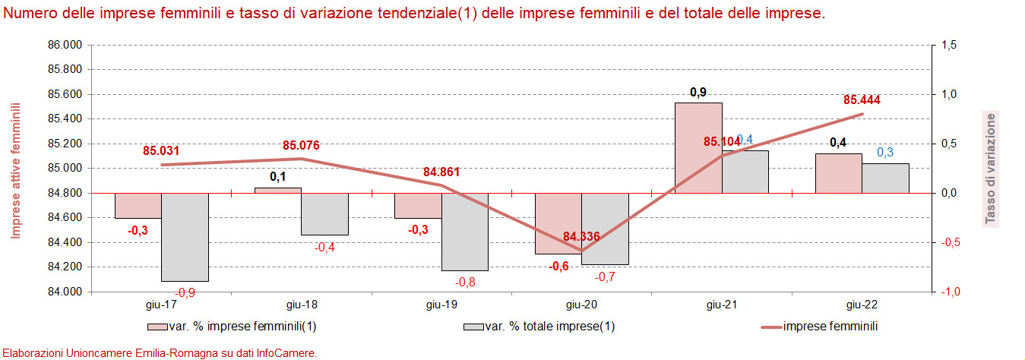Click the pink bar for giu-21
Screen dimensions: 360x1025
(698, 147)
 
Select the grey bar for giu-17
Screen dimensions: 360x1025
(185, 237)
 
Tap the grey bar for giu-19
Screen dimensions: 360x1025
(464, 232)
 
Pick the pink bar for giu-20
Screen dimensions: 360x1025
(558, 223)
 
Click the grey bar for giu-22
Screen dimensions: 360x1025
(885, 178)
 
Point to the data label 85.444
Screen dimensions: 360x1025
(862, 99)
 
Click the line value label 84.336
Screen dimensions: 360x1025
(581, 236)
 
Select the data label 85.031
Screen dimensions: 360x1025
(161, 150)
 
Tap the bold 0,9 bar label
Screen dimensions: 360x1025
(698, 93)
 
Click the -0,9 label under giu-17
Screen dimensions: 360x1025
(185, 292)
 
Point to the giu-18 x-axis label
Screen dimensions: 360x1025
(302, 305)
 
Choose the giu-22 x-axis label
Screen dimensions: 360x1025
(862, 305)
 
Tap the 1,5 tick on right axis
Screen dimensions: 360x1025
(948, 45)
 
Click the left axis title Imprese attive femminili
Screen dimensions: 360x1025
(15, 170)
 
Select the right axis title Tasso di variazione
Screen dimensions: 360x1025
(990, 169)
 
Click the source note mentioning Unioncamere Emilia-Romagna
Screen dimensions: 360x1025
(159, 352)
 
